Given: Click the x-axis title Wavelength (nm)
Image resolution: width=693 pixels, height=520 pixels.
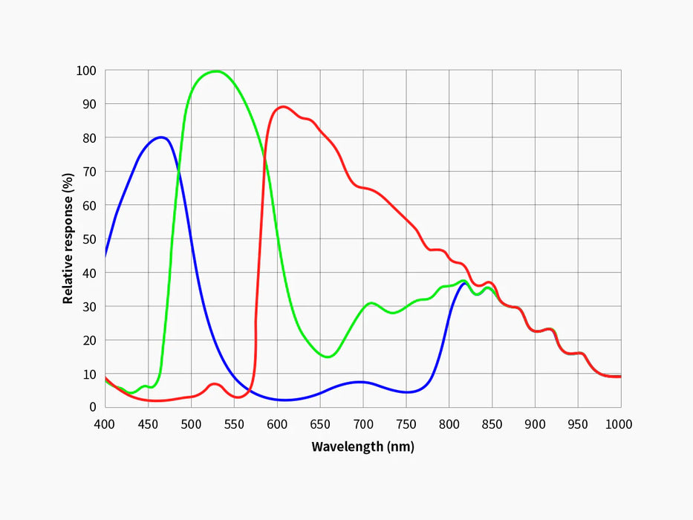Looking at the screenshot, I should pyautogui.click(x=362, y=446).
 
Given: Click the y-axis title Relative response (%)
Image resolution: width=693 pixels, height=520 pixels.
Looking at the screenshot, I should pyautogui.click(x=68, y=238).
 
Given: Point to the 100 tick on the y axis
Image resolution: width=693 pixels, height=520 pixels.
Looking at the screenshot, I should pyautogui.click(x=86, y=71).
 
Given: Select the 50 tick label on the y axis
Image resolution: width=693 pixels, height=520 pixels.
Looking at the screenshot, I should pyautogui.click(x=89, y=239).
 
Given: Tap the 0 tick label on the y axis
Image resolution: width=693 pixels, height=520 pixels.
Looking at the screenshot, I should pyautogui.click(x=93, y=407).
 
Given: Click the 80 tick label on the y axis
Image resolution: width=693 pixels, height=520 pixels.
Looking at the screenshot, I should pyautogui.click(x=89, y=138).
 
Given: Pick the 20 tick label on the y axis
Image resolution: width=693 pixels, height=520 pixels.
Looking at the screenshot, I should pyautogui.click(x=89, y=340).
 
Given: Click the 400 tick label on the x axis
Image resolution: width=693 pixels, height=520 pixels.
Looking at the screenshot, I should pyautogui.click(x=105, y=424).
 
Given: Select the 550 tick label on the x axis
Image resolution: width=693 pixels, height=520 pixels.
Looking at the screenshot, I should pyautogui.click(x=234, y=424).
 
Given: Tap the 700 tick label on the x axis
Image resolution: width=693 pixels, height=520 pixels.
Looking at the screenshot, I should pyautogui.click(x=362, y=424).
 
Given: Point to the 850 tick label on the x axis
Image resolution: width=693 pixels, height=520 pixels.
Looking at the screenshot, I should pyautogui.click(x=492, y=424).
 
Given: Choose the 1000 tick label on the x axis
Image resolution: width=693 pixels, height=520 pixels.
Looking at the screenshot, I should pyautogui.click(x=618, y=424).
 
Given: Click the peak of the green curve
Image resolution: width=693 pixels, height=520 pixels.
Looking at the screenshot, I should pyautogui.click(x=215, y=71).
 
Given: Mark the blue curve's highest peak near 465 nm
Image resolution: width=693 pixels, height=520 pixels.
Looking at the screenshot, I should pyautogui.click(x=160, y=137).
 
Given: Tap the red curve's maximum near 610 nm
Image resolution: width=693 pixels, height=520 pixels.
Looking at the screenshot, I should pyautogui.click(x=283, y=106).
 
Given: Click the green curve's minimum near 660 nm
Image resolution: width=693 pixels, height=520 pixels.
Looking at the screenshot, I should pyautogui.click(x=328, y=357).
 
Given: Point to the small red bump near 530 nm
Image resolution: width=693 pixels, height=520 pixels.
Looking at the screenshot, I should pyautogui.click(x=215, y=384).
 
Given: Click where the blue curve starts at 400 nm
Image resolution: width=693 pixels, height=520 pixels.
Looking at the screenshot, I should pyautogui.click(x=105, y=256).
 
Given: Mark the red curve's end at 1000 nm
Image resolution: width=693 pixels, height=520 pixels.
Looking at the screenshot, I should pyautogui.click(x=620, y=377).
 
